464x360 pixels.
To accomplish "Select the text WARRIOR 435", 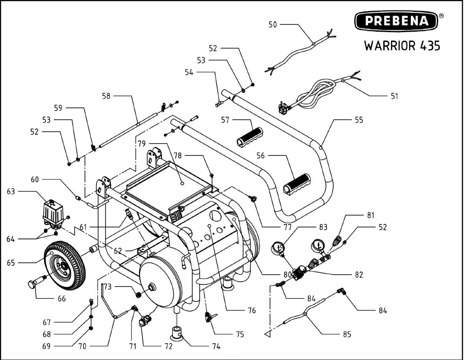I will point(402,45).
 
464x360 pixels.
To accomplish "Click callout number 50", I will point(273,25).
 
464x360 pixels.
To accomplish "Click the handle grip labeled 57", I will point(249,137).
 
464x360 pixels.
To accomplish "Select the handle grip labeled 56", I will point(297,184).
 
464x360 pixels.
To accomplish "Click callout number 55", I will point(359,120).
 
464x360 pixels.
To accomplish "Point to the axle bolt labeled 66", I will point(37,283).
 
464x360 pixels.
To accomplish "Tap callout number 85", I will point(347,334).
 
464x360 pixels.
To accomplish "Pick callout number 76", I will point(251,310).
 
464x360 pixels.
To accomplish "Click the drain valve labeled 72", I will point(144,322).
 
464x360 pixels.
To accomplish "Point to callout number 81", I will point(370,216).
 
